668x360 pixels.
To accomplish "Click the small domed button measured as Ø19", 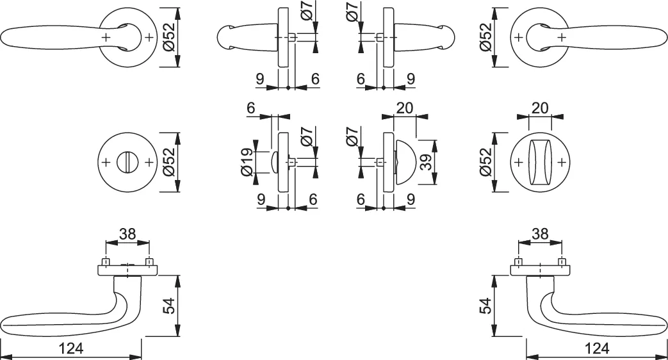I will click(275, 161).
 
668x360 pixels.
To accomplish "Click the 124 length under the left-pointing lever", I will click(72, 348).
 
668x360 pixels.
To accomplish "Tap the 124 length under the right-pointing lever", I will click(597, 348).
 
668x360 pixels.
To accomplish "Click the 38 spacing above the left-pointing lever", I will click(127, 234).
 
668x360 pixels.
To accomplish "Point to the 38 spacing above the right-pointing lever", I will click(540, 234).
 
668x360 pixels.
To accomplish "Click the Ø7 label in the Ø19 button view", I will click(305, 138).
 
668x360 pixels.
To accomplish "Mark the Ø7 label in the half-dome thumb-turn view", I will click(351, 138).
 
